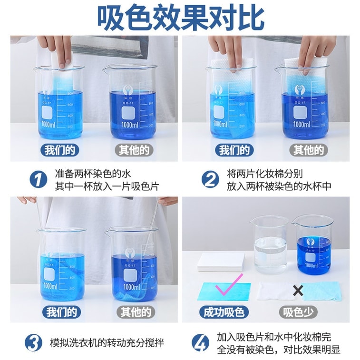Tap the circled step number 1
[x=38, y=180]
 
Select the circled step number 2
[x=210, y=180]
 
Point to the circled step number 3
[x=34, y=342]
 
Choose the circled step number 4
[x=200, y=342]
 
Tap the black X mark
[x=298, y=291]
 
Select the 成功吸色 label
[x=224, y=312]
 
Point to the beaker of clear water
[x=270, y=245]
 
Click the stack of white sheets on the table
[x=221, y=261]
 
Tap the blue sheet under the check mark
[x=224, y=291]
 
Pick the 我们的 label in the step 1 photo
[x=60, y=150]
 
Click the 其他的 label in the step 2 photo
[x=308, y=150]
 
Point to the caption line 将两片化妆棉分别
[x=264, y=174]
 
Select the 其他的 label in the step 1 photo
[x=134, y=150]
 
